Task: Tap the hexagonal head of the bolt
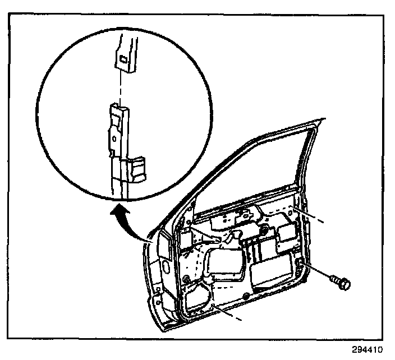pos(344,285)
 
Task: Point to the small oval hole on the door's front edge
pos(166,264)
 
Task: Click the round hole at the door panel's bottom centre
pos(245,296)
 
